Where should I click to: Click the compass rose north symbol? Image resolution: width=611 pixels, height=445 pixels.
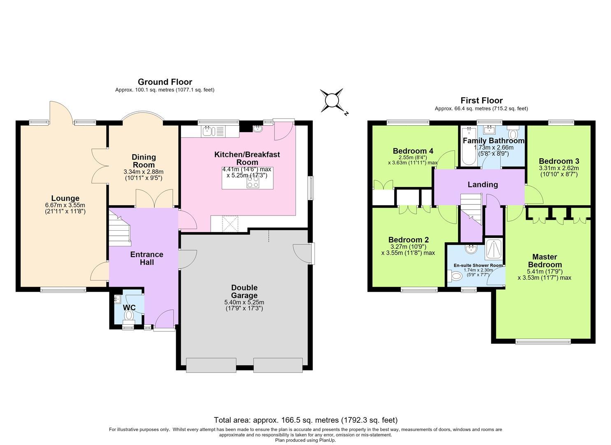tap(332, 100)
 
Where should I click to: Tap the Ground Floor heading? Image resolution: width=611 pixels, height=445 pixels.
tap(165, 82)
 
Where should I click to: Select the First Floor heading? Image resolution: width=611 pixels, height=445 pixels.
tap(481, 101)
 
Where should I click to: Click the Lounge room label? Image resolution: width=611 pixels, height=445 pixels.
tap(65, 198)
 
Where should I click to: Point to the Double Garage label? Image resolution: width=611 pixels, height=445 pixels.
tap(244, 291)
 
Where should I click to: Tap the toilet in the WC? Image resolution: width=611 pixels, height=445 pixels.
tap(128, 317)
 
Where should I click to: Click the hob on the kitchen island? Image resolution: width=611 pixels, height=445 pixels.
tap(253, 182)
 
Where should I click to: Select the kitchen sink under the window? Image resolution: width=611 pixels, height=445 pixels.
tap(212, 131)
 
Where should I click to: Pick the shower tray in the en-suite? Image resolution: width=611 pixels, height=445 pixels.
tap(493, 249)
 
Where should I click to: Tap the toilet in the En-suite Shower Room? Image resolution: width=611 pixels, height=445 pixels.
tap(454, 276)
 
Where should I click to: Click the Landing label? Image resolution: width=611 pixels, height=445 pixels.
tap(483, 185)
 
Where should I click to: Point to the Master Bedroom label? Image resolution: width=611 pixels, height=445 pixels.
tap(545, 260)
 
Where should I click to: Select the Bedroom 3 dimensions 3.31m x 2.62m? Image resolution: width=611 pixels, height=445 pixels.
tap(559, 168)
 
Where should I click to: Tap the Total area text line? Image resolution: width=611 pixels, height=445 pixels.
tap(305, 420)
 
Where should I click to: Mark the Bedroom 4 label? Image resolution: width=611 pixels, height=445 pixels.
tap(413, 151)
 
